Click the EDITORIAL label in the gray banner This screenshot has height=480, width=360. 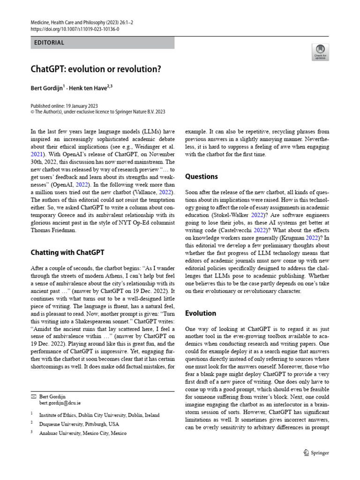point(49,43)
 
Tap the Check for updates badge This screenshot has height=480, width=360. point(320,52)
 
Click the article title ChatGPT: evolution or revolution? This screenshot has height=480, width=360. point(96,69)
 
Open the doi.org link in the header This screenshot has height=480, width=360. point(75,29)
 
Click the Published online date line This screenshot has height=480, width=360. point(64,106)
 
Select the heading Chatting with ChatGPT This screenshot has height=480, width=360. point(67,252)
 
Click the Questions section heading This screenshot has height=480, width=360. point(202,177)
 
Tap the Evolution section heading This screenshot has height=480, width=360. point(201,313)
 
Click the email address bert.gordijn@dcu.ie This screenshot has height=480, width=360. point(60,403)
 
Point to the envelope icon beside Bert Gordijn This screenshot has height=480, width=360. point(33,397)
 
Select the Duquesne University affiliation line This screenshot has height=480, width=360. point(79,424)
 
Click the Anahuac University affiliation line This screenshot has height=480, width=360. point(82,433)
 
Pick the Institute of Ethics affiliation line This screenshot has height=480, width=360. point(99,415)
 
